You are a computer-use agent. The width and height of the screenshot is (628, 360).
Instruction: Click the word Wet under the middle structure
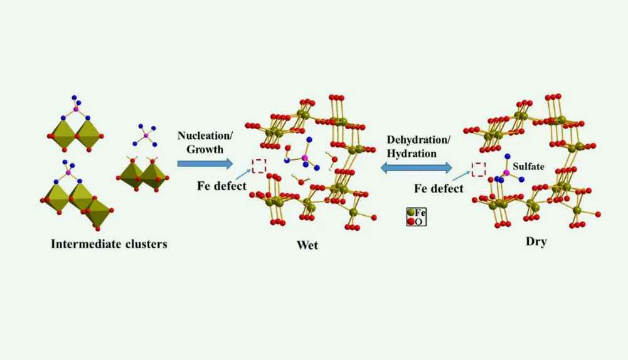[307, 245]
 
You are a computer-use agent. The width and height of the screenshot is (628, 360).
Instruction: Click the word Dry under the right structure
[536, 241]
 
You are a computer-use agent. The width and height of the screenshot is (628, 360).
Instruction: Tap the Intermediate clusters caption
[109, 244]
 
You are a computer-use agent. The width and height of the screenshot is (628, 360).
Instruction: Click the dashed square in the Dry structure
[479, 169]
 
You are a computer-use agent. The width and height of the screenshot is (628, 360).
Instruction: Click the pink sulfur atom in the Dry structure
[506, 172]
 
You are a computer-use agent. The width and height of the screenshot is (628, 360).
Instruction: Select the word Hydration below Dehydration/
[412, 152]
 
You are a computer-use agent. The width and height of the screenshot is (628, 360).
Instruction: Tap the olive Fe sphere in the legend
[410, 213]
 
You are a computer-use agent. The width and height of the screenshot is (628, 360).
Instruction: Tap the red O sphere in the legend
[410, 221]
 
